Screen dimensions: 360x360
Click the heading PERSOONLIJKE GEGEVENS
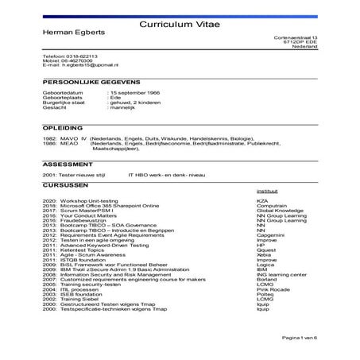click(92, 82)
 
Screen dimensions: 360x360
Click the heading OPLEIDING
click(63, 126)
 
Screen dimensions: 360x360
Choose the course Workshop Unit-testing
click(93, 202)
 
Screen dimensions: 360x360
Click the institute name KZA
click(261, 202)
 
